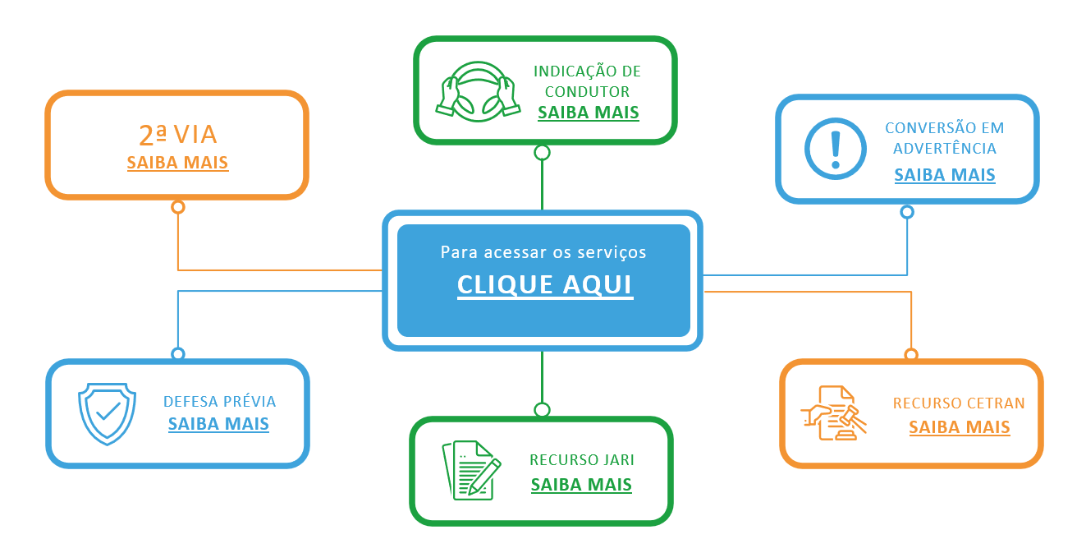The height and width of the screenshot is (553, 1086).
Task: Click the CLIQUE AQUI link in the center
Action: coord(545,285)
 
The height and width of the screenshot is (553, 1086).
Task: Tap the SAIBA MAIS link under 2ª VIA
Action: coord(177,163)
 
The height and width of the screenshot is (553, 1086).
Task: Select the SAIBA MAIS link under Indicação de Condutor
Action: coord(589,113)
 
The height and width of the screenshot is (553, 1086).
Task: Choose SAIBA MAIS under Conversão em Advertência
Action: coord(945,175)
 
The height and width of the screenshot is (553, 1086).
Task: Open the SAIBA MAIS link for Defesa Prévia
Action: coord(218,424)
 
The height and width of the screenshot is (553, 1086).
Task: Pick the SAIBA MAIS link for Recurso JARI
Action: coord(581,485)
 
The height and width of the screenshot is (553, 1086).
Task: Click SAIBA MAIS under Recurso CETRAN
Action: coord(960,427)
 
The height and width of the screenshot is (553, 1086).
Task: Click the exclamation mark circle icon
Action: coord(835,149)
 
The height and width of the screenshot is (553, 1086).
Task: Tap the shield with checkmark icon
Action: coord(107,412)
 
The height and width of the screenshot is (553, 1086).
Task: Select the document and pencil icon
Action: coord(471,470)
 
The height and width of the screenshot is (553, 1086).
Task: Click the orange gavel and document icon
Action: coord(833,412)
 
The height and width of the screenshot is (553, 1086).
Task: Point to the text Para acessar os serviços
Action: coord(543,252)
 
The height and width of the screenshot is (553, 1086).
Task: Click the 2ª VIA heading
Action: coord(177,135)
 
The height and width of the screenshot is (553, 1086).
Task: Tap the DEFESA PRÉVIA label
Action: coord(220,402)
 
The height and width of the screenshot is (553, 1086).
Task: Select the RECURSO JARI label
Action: coord(582,460)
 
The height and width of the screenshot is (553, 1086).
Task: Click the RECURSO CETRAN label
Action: coord(959,403)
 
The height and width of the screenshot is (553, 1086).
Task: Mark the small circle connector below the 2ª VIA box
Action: coord(178,207)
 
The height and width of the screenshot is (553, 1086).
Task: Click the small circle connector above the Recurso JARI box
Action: coord(542,409)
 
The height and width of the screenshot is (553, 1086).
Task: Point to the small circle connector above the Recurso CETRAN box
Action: coord(911,355)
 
